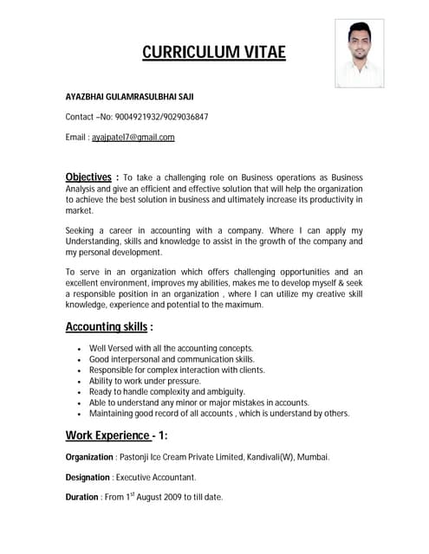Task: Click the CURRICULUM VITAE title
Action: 213,54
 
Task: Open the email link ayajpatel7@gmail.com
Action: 133,137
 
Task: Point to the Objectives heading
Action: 89,177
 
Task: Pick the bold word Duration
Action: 83,498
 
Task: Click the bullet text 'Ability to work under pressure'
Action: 145,381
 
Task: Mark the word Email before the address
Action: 76,137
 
